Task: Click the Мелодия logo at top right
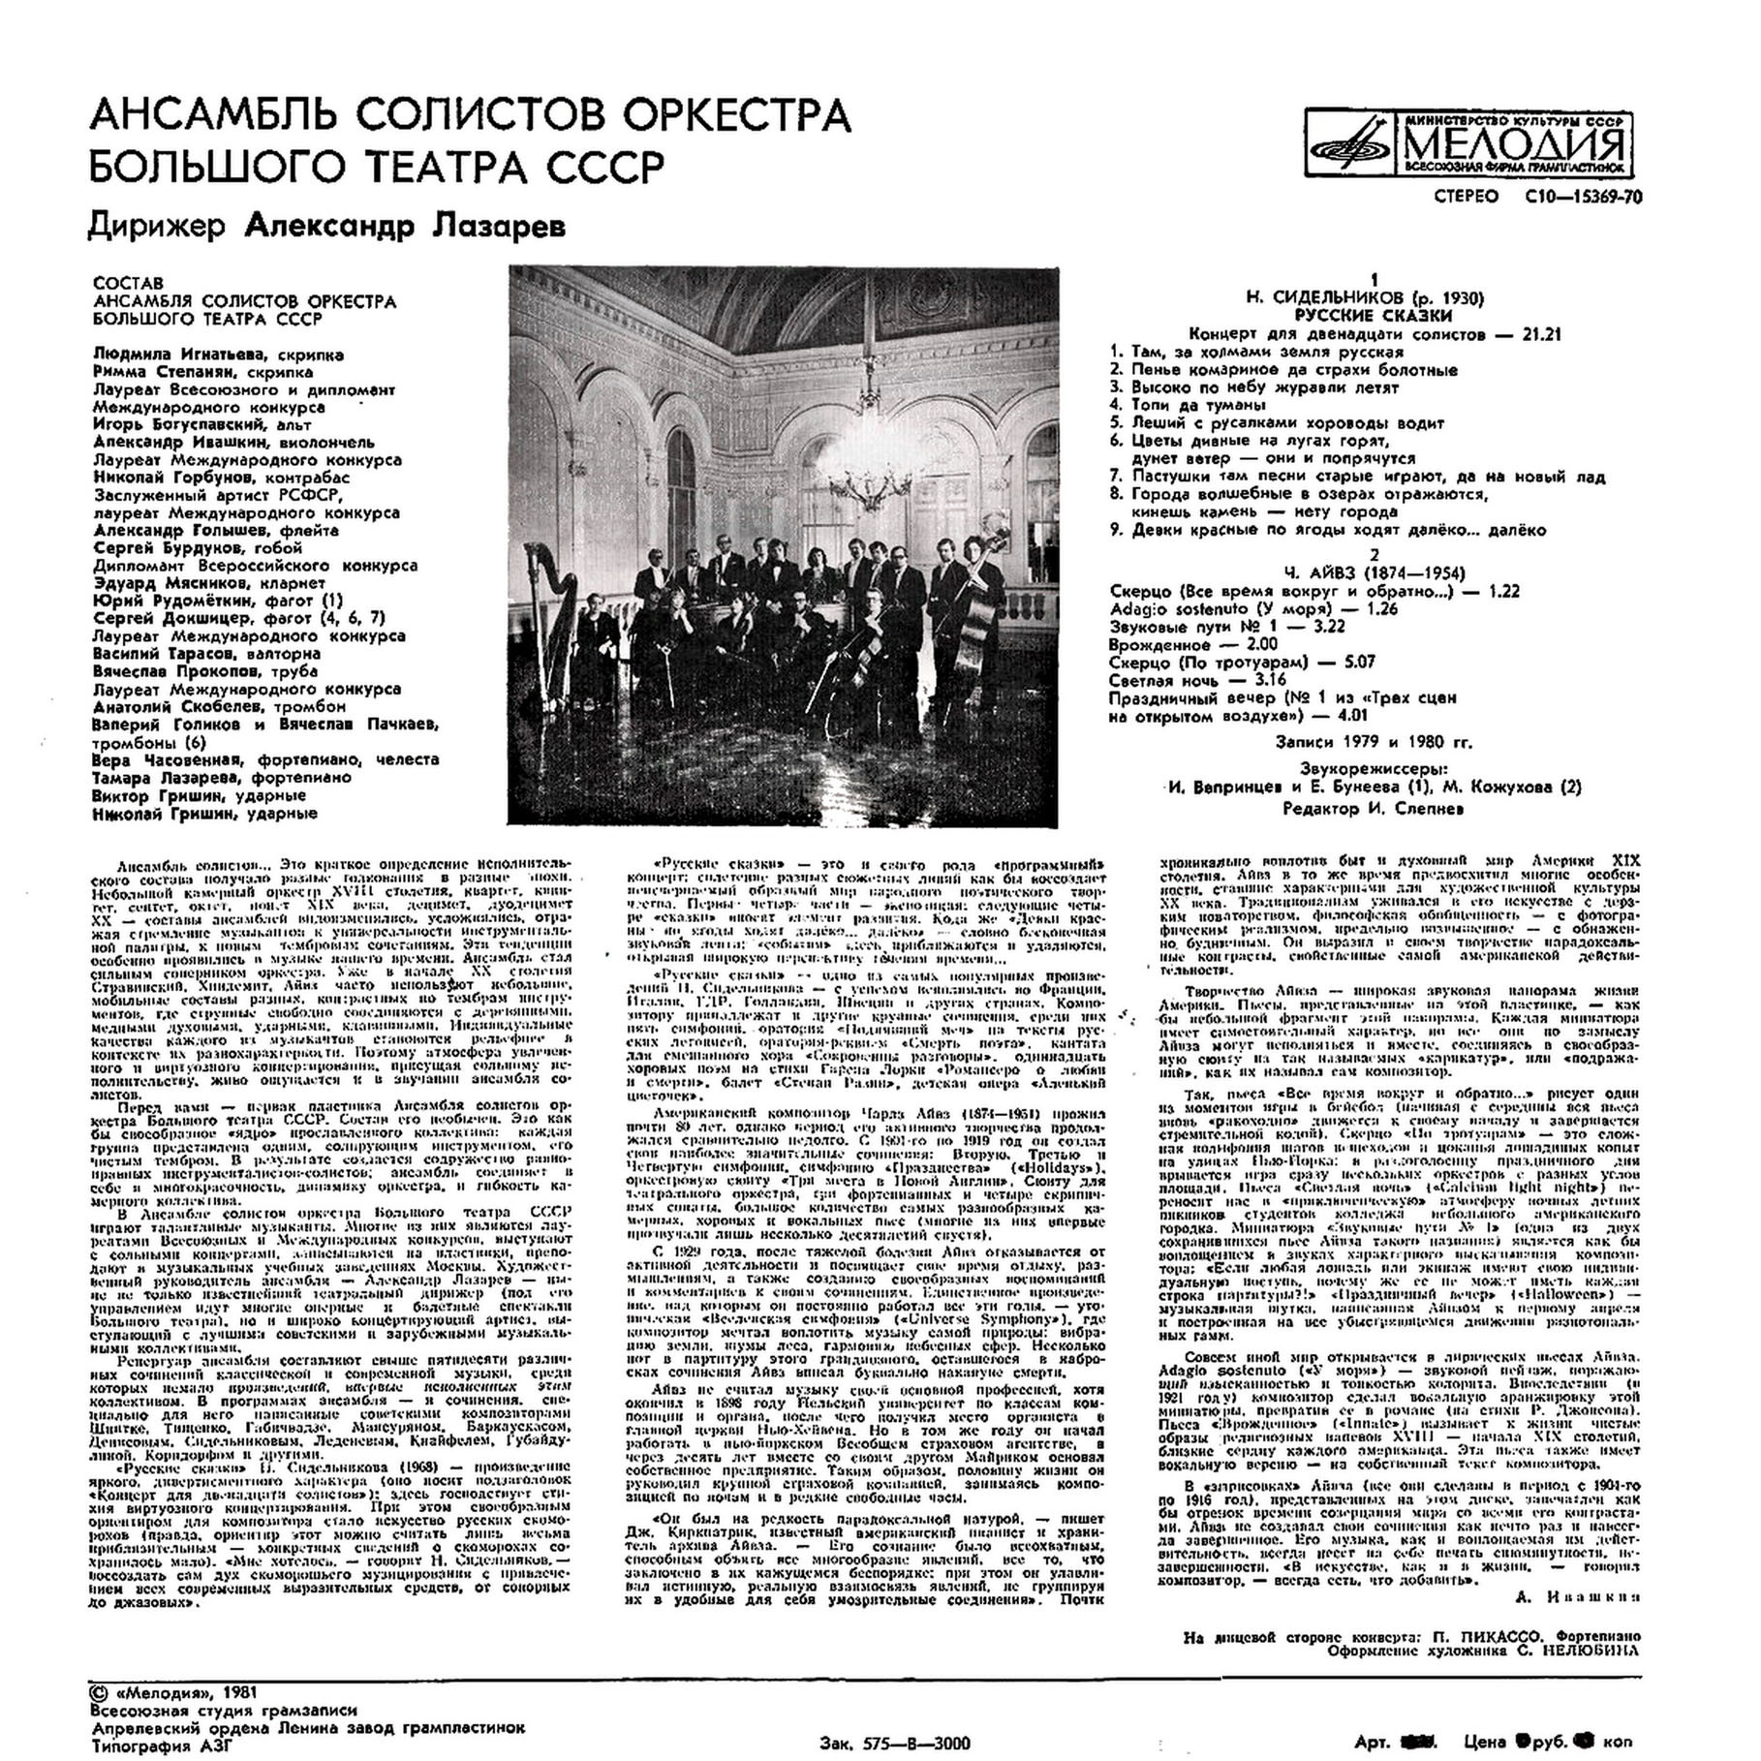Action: (1467, 146)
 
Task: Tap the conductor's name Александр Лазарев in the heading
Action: (404, 226)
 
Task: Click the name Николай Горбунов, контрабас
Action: (222, 477)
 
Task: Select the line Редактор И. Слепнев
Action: (1374, 809)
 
